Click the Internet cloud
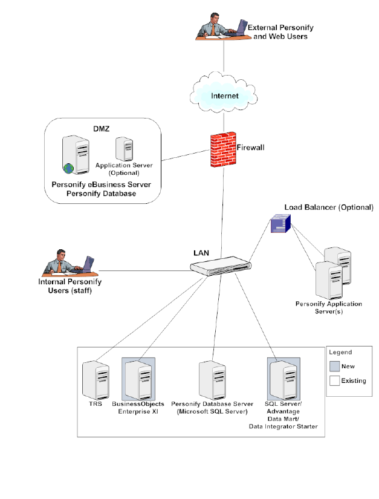(x=224, y=96)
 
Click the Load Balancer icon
(x=280, y=225)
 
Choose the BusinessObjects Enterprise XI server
(x=138, y=379)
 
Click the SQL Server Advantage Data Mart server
(x=283, y=379)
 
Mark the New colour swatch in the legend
(x=334, y=366)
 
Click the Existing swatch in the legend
(x=334, y=381)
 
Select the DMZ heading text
(x=101, y=128)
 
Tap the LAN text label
(x=201, y=252)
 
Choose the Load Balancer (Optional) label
(x=329, y=207)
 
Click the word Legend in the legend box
(x=341, y=352)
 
